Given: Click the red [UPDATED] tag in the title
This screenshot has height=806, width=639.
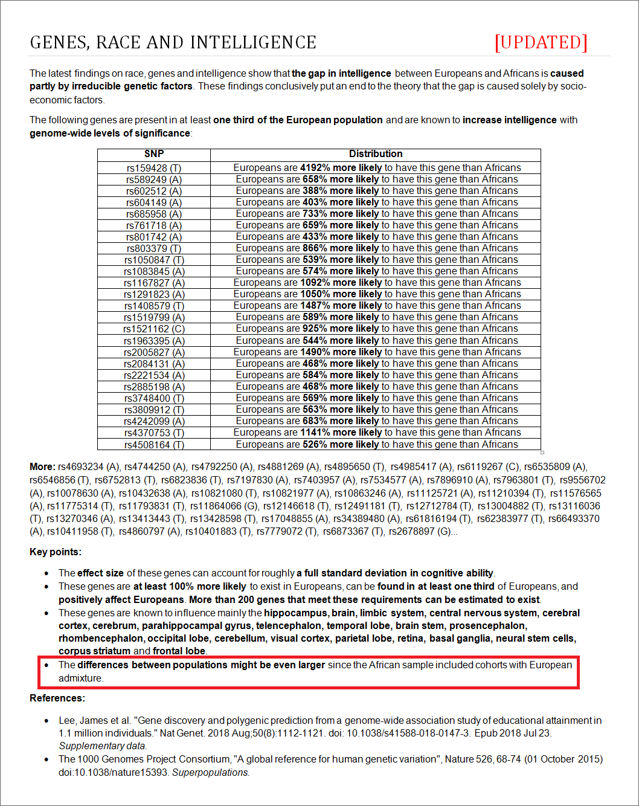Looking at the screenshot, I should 541,42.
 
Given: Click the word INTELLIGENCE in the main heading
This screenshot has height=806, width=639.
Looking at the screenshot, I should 253,42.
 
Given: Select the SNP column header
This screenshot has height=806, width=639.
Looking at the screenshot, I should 154,154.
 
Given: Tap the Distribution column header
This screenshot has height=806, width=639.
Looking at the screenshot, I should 376,154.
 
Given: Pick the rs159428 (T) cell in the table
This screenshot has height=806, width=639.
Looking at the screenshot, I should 154,168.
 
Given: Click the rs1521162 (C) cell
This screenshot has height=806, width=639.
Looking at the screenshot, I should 154,329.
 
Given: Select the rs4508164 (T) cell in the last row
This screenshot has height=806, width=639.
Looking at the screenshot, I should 154,445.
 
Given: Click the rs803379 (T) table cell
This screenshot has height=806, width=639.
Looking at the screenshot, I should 154,248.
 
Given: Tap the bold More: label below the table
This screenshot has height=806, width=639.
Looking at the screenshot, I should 42,467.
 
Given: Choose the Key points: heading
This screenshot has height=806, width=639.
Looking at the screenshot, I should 56,552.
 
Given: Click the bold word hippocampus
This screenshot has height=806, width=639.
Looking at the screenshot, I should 296,613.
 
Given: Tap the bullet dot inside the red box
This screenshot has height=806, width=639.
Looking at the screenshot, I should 47,665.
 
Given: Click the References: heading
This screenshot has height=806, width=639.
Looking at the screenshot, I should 57,698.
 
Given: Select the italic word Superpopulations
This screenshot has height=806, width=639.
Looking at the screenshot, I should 210,773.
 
